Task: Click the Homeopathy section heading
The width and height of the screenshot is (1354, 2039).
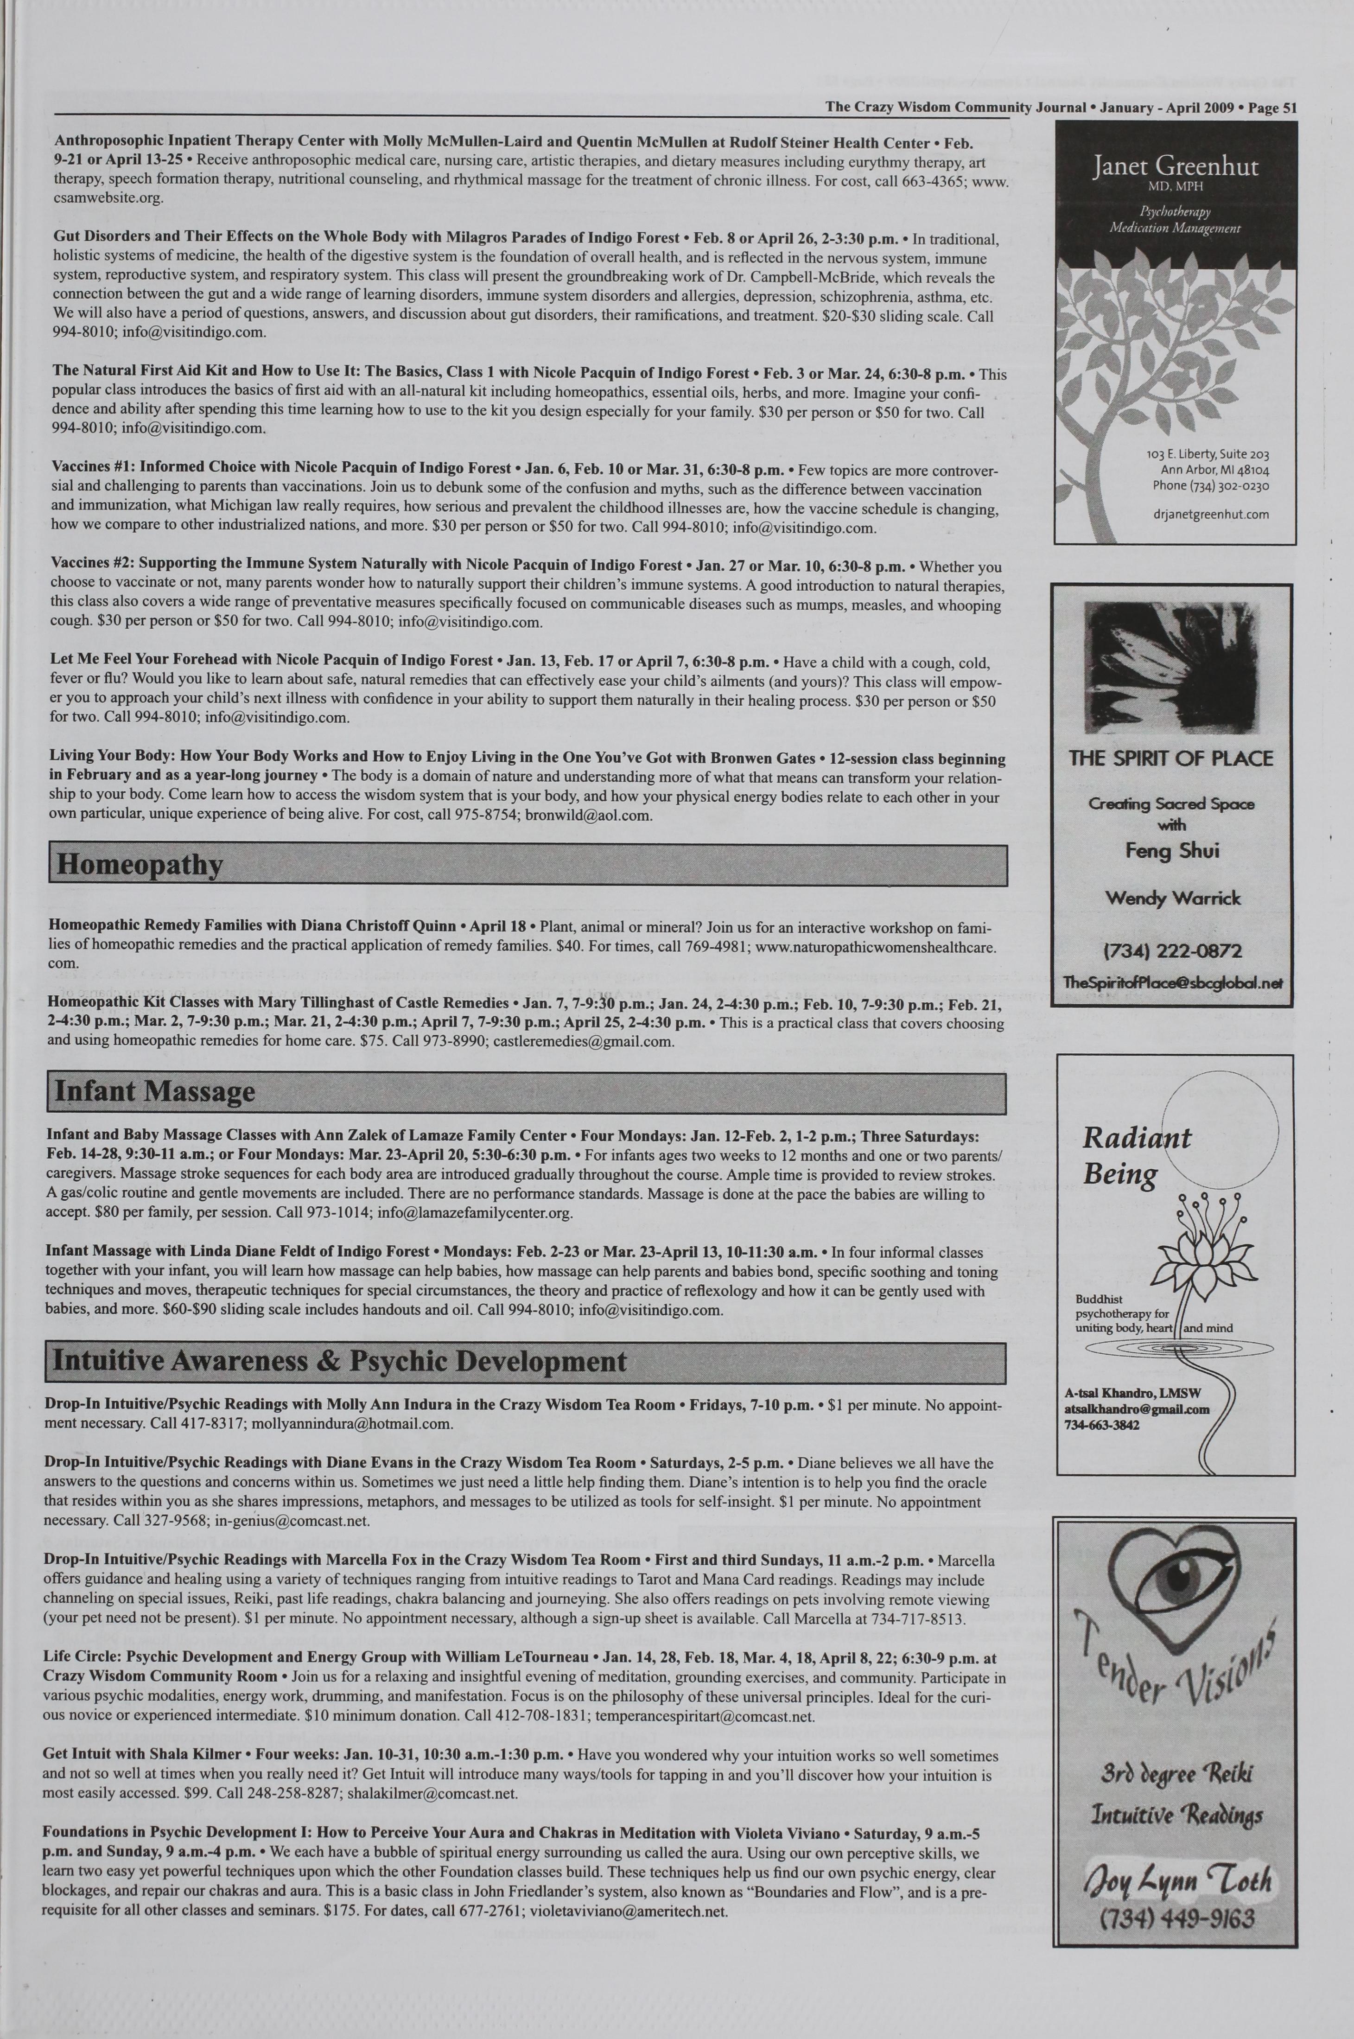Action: pos(138,865)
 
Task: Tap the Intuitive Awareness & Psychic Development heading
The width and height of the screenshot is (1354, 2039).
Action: pos(339,1362)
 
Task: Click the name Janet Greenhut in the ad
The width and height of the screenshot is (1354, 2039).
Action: pos(1175,167)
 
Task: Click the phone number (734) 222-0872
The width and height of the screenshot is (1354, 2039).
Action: pos(1172,951)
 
